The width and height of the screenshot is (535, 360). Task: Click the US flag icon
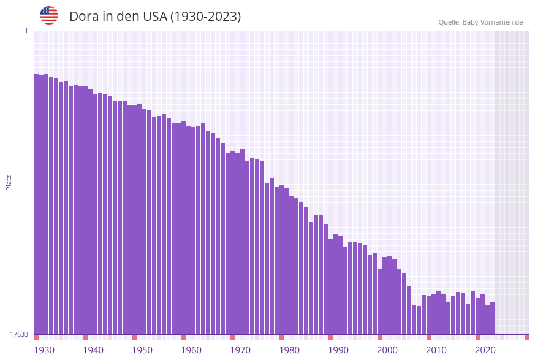pos(49,15)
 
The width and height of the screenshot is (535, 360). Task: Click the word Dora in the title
pos(84,17)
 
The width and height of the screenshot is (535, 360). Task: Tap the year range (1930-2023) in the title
pos(205,17)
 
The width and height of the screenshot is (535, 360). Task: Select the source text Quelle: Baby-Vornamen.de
pos(480,22)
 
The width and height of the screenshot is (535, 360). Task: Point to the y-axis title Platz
pos(9,182)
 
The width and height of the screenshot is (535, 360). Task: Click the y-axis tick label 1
pos(26,31)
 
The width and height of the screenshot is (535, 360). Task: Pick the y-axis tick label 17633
pos(19,334)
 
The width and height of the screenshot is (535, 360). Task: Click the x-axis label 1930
pos(44,350)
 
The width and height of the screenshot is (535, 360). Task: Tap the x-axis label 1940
pos(93,350)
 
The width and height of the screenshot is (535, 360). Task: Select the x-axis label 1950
pos(142,350)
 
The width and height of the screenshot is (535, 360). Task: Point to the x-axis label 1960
pos(191,350)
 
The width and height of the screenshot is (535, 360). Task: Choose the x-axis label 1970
pos(240,350)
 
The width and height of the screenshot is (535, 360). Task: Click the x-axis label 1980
pos(289,350)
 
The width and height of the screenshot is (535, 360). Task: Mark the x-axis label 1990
pos(338,350)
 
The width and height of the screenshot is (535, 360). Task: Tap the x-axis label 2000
pos(387,350)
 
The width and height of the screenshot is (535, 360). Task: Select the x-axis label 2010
pos(436,350)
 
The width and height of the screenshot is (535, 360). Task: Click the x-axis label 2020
pos(485,350)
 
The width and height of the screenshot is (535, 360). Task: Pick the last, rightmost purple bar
pos(492,318)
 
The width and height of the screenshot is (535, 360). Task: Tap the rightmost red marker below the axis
pos(526,337)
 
